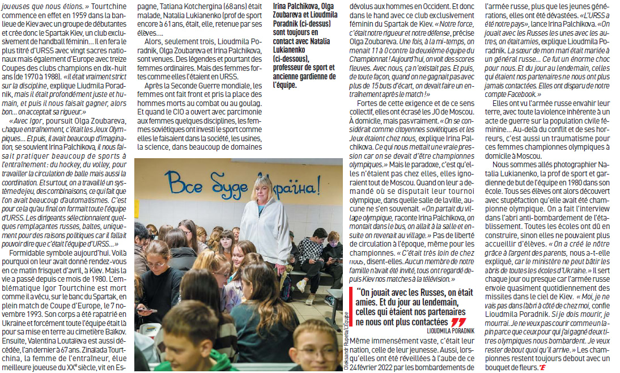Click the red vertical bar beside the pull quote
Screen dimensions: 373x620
click(x=352, y=307)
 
